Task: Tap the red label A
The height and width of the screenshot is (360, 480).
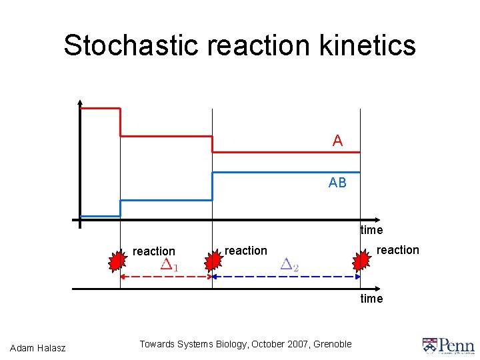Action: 337,141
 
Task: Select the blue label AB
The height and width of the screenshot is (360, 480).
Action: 337,182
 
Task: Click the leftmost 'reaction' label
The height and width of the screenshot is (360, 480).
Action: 154,251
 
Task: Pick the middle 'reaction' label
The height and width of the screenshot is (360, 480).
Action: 246,251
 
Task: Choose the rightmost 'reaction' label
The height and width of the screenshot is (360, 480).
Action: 398,250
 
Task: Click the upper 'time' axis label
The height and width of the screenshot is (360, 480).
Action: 371,230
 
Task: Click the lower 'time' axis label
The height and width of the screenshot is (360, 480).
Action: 371,299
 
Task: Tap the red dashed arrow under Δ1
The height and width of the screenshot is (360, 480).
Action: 166,276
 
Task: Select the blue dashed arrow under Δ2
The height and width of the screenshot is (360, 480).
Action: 287,276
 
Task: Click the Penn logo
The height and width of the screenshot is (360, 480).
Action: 448,345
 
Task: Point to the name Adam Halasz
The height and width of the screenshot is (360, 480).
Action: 38,347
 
